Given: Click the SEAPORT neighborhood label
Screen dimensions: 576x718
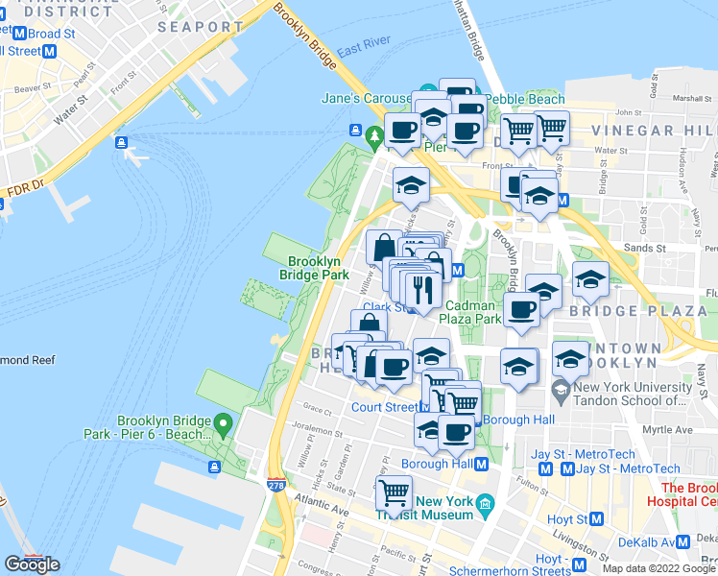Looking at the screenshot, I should pos(200,27).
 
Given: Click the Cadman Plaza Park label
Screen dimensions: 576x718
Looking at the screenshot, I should pos(470,312).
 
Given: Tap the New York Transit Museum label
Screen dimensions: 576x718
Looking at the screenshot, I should pos(444,508).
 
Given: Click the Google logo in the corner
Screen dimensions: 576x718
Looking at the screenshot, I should pos(32,564).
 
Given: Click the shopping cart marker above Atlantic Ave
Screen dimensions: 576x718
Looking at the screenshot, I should pos(394,493).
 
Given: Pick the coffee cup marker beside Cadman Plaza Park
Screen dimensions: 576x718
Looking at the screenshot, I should pos(521,309).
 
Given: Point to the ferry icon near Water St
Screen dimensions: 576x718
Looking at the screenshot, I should pos(122,143).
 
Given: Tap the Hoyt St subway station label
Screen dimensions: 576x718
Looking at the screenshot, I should pos(564,518).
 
